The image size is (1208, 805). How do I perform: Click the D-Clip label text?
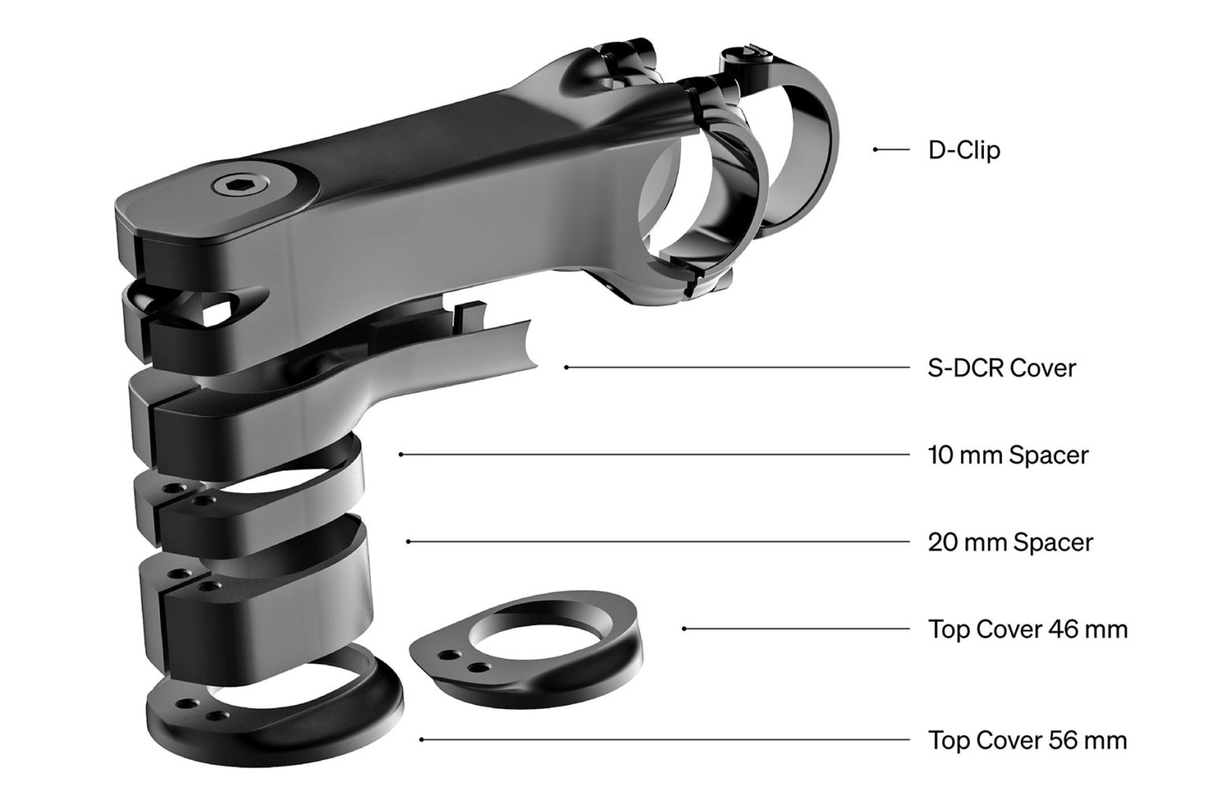point(964,149)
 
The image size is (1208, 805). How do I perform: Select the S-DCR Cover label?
point(1001,367)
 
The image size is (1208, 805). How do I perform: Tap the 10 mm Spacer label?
point(1008,455)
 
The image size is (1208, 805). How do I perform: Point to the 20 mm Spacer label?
point(1010,542)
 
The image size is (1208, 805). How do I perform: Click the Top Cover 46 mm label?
point(1027,629)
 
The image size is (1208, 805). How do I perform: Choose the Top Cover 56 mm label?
point(1027,741)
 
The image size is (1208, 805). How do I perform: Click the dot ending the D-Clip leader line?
point(875,149)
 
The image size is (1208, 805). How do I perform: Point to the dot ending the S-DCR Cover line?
point(566,367)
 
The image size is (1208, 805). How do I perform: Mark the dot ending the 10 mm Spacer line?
point(401,454)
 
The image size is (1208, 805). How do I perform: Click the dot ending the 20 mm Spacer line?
point(407,542)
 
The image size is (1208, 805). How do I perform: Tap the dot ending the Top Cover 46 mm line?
point(684,629)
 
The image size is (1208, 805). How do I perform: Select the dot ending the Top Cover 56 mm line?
point(422,740)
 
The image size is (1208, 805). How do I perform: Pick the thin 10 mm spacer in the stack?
point(252,491)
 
